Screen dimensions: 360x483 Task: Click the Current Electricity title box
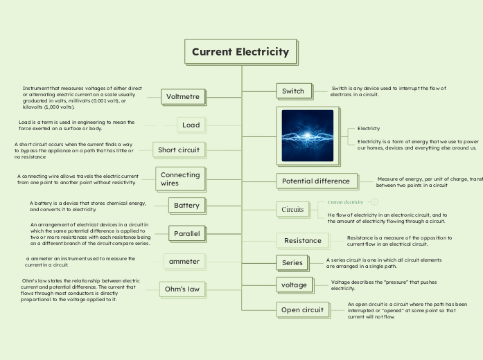[240, 52]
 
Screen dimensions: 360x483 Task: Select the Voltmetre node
[183, 97]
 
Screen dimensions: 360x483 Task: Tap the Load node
[191, 125]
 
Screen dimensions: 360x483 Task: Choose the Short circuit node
[179, 150]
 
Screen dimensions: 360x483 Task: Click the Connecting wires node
[180, 179]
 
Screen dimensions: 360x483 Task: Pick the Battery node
[186, 206]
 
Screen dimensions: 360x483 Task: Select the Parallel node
[186, 234]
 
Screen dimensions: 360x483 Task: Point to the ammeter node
[184, 261]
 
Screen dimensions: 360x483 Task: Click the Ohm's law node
[183, 289]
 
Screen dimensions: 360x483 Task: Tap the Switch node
[293, 91]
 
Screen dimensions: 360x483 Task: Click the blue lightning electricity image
[308, 136]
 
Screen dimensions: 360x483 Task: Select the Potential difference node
[317, 181]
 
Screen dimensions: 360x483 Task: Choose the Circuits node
[292, 209]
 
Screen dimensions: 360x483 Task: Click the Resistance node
[303, 240]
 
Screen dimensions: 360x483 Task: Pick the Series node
[292, 263]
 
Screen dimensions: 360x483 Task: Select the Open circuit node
[302, 310]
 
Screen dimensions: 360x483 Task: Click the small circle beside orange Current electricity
[374, 201]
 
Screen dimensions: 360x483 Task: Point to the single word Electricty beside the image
[369, 129]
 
